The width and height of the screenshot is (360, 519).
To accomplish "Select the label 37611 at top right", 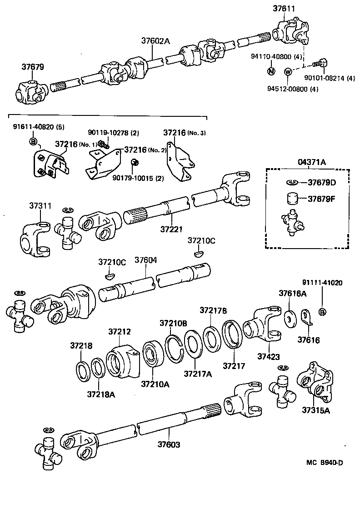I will (284, 8).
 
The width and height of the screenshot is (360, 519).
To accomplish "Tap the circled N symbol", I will (270, 71).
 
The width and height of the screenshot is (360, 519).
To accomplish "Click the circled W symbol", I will (288, 71).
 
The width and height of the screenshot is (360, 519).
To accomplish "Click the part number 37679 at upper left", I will (33, 67).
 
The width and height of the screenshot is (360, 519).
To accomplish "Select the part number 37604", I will (146, 260).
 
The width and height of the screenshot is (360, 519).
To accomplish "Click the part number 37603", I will (169, 444).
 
